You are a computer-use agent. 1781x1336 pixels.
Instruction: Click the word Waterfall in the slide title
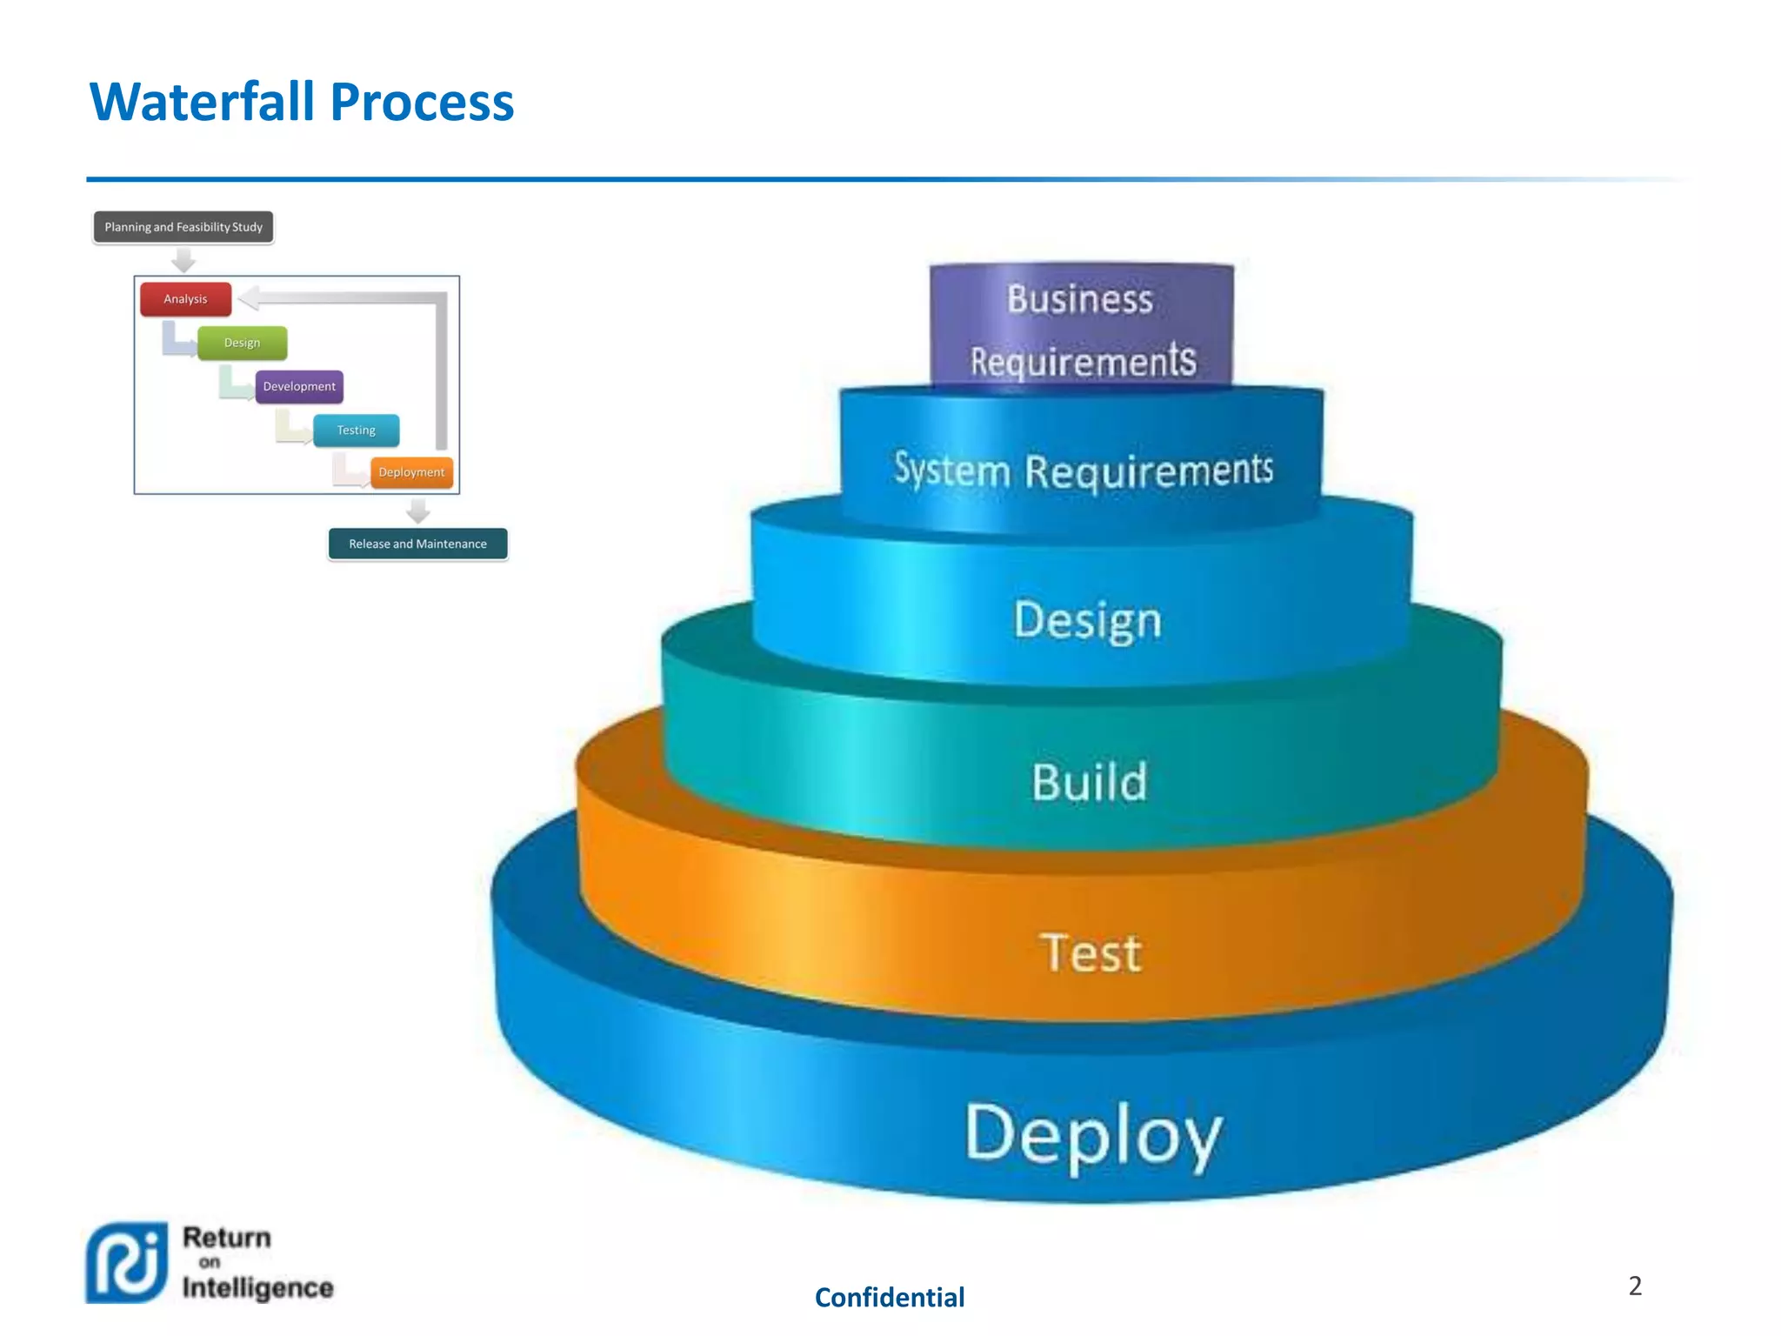click(x=202, y=102)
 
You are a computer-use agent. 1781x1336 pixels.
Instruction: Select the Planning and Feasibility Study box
click(x=183, y=227)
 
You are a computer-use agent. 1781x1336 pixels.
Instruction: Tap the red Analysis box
click(x=185, y=298)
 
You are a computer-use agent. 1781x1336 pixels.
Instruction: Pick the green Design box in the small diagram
click(x=242, y=343)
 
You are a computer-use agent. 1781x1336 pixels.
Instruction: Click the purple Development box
click(x=299, y=386)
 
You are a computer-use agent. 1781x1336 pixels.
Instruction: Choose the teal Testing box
click(x=357, y=430)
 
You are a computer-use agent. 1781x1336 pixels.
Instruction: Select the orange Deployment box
click(x=411, y=472)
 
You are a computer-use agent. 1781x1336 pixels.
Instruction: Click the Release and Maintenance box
click(x=417, y=544)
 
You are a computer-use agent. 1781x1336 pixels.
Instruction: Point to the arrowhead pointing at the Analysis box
click(x=249, y=298)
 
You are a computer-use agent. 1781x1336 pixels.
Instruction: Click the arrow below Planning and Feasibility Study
click(x=183, y=259)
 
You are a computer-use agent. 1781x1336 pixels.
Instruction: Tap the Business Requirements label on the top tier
click(x=1082, y=330)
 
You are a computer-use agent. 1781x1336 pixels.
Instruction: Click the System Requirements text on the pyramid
click(x=1084, y=471)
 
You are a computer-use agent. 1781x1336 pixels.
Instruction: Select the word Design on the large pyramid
click(x=1087, y=620)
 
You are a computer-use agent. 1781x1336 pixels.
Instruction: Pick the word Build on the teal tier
click(x=1090, y=781)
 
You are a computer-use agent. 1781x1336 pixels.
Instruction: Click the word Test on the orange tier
click(x=1091, y=952)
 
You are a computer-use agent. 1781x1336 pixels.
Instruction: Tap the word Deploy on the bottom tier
click(x=1094, y=1133)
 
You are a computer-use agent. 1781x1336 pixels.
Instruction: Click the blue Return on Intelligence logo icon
click(x=127, y=1262)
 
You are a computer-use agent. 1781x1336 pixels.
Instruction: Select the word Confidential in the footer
click(x=890, y=1297)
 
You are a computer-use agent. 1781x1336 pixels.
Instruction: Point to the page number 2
click(x=1635, y=1286)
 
